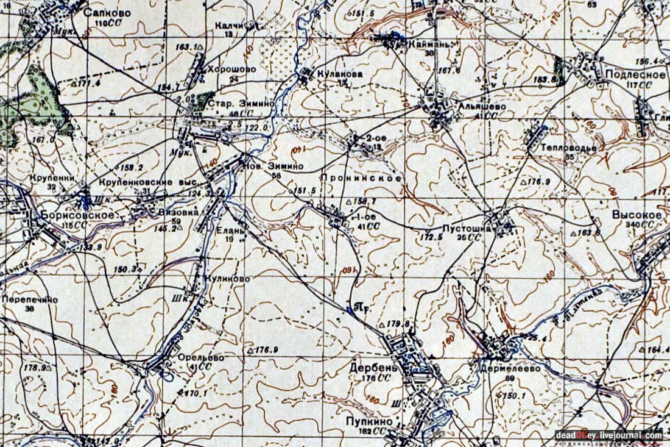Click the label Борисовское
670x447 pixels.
[x=78, y=215]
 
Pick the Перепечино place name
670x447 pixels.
[x=30, y=299]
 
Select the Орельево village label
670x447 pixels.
[x=201, y=357]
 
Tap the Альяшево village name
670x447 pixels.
[x=481, y=105]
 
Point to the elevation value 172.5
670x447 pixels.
[x=430, y=236]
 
